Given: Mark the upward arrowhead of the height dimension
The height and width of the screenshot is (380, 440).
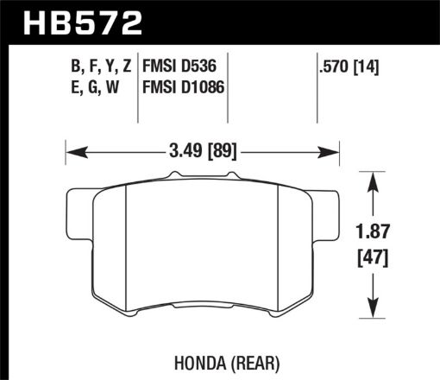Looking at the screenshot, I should [372, 179].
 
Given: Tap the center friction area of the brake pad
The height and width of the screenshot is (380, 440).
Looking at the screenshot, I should [204, 250].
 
